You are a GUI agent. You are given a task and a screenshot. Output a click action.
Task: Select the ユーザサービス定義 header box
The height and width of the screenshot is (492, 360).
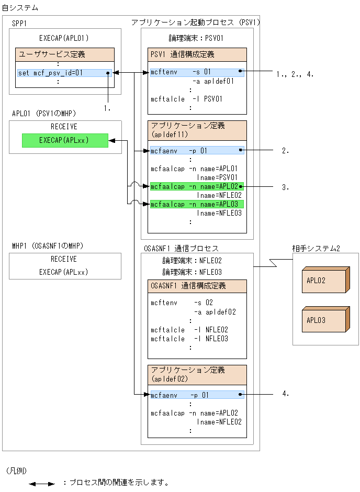(65, 54)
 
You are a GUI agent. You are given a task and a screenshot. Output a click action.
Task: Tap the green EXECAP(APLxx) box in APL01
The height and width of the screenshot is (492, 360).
(65, 140)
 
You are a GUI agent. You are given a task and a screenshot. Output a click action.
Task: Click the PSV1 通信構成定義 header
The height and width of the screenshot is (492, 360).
(197, 54)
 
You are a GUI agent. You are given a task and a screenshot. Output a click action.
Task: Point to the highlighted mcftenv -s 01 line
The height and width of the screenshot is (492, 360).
(196, 71)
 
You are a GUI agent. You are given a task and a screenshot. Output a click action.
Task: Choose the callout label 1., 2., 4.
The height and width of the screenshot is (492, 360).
(295, 74)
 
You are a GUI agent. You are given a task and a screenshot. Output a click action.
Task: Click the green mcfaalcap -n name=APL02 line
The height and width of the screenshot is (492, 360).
(196, 186)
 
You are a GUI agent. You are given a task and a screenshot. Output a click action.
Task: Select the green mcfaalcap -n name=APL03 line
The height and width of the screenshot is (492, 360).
(196, 204)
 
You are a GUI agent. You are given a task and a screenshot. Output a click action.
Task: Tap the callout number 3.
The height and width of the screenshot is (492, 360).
(285, 187)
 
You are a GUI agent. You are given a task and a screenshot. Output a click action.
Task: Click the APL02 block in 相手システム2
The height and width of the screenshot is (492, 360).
(323, 281)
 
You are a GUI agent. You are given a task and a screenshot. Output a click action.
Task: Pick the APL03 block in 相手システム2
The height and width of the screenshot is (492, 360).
(323, 320)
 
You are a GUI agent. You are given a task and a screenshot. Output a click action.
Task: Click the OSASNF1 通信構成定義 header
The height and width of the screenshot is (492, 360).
(197, 286)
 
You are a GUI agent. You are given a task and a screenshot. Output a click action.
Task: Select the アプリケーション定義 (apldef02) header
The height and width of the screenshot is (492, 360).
(197, 374)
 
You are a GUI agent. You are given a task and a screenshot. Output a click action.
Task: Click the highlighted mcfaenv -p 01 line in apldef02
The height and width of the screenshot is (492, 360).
(196, 395)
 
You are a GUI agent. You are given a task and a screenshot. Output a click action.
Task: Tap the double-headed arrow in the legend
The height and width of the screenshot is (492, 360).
(42, 484)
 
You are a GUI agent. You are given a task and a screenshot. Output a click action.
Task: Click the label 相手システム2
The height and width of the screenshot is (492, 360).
(316, 248)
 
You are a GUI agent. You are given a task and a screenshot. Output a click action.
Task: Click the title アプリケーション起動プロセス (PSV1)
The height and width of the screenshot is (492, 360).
(195, 23)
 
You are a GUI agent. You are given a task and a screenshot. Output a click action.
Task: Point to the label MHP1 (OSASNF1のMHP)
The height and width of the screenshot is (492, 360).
(48, 245)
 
